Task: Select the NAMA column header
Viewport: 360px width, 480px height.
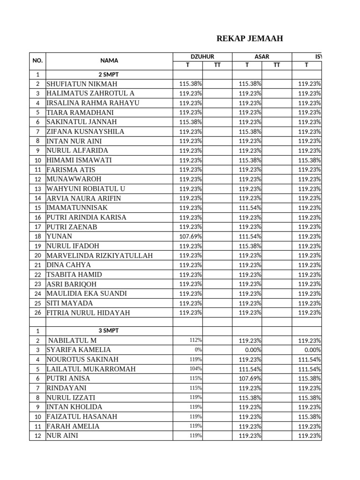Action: pos(109,60)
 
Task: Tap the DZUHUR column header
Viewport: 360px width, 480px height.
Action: pos(202,56)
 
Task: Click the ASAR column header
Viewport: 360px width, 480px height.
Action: pos(262,56)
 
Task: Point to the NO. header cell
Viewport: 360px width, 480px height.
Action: pos(37,60)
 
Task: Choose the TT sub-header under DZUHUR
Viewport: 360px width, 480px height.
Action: pos(217,65)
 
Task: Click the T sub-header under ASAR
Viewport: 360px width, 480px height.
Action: pos(247,65)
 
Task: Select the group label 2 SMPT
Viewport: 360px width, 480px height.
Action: pos(109,75)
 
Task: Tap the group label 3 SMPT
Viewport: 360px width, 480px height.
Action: pos(109,330)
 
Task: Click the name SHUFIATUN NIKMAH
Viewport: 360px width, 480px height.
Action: pos(82,84)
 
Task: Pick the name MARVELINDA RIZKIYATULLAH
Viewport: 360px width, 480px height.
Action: pos(99,255)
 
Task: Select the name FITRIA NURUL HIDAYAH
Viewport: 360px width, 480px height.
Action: pos(88,313)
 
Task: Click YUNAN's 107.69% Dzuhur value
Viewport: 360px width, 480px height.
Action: pos(191,236)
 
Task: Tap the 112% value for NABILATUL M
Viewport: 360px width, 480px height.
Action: pos(195,340)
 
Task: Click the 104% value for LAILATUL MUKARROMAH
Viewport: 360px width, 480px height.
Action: pos(195,369)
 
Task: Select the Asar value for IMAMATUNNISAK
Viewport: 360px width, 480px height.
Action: pos(250,208)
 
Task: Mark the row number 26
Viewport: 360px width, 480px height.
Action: pos(37,313)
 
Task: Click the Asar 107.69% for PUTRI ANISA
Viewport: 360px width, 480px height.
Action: pos(250,378)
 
